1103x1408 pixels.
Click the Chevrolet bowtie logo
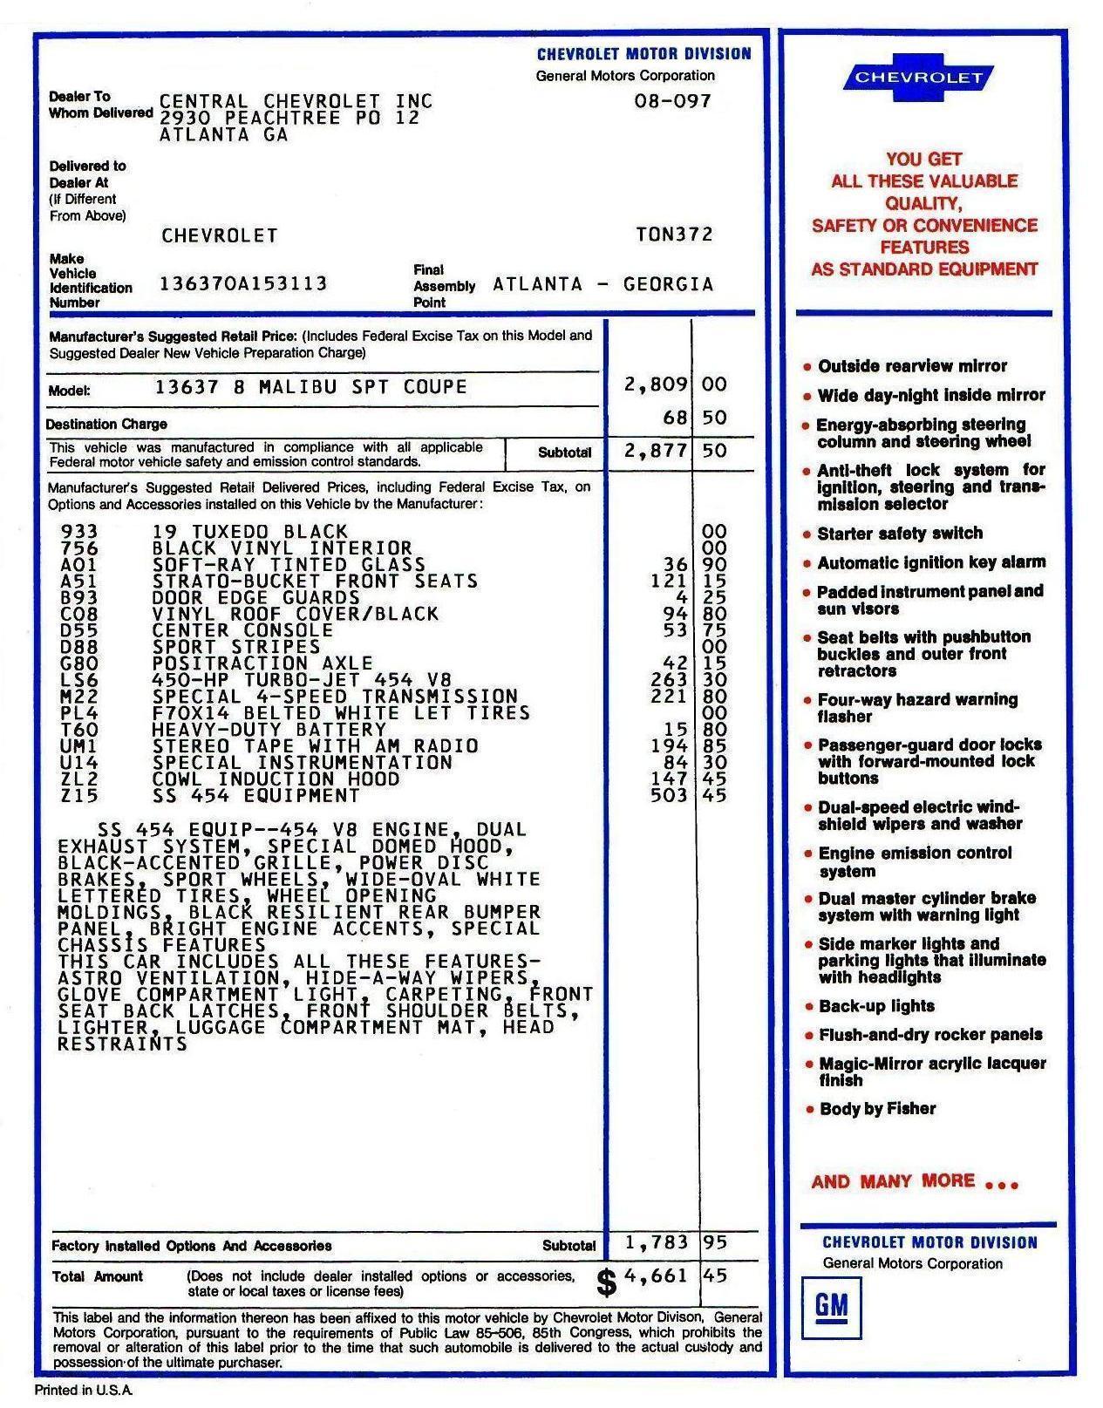918,78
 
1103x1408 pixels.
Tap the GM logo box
831,1306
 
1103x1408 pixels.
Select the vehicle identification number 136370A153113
243,283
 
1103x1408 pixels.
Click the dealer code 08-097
672,101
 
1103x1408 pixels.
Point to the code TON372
674,235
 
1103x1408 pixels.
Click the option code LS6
79,680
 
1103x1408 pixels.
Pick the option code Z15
79,795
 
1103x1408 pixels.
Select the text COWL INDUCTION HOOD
276,779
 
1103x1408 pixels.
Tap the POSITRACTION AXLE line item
262,663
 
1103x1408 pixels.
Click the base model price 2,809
656,384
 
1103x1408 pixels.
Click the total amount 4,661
656,1276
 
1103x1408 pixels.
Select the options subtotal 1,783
656,1241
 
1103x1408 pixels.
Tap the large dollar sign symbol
607,1282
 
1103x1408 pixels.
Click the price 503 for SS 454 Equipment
669,795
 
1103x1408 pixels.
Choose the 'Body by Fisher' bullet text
877,1109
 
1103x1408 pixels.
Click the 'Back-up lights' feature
876,1006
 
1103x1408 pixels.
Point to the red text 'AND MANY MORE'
894,1181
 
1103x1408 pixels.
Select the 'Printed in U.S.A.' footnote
84,1391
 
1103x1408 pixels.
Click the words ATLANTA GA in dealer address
224,135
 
